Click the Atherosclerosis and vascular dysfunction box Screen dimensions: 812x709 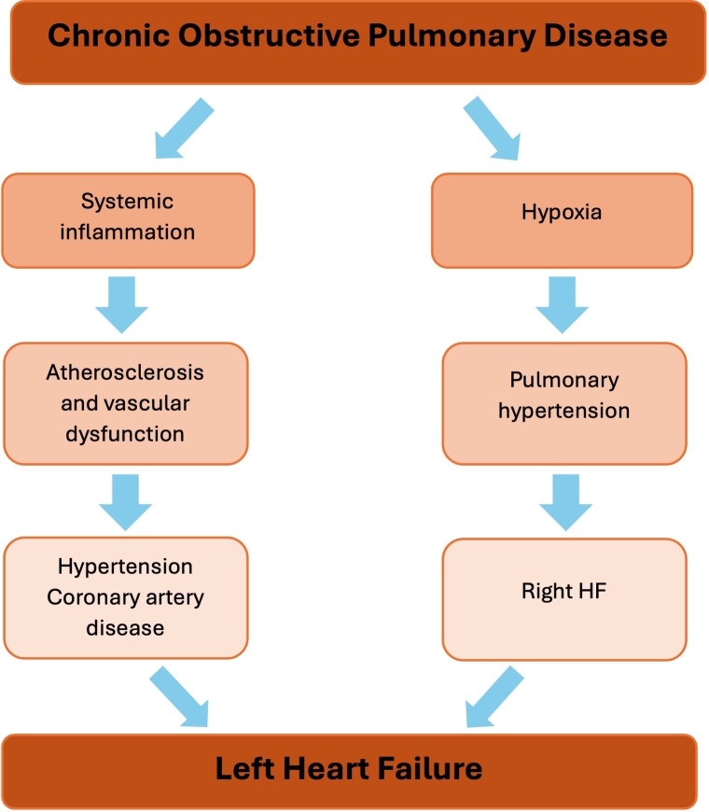tap(126, 403)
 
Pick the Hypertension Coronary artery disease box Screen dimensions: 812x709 tap(126, 597)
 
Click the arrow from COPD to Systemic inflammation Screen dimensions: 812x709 tap(184, 128)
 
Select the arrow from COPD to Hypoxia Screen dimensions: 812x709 tap(492, 130)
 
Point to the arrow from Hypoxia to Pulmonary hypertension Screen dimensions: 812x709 tap(562, 303)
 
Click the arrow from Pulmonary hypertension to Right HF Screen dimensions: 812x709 tap(565, 500)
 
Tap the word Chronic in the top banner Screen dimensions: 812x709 tap(100, 36)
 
